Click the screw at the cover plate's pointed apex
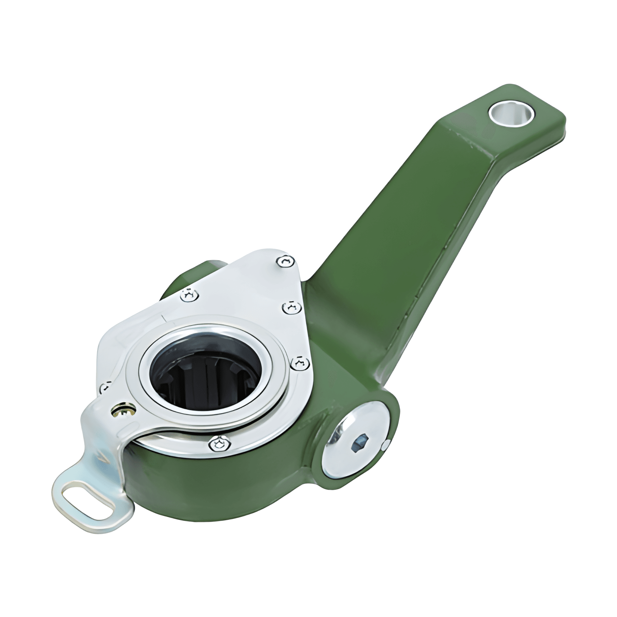tap(286, 261)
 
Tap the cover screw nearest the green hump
tap(190, 295)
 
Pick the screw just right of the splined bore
tap(301, 363)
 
